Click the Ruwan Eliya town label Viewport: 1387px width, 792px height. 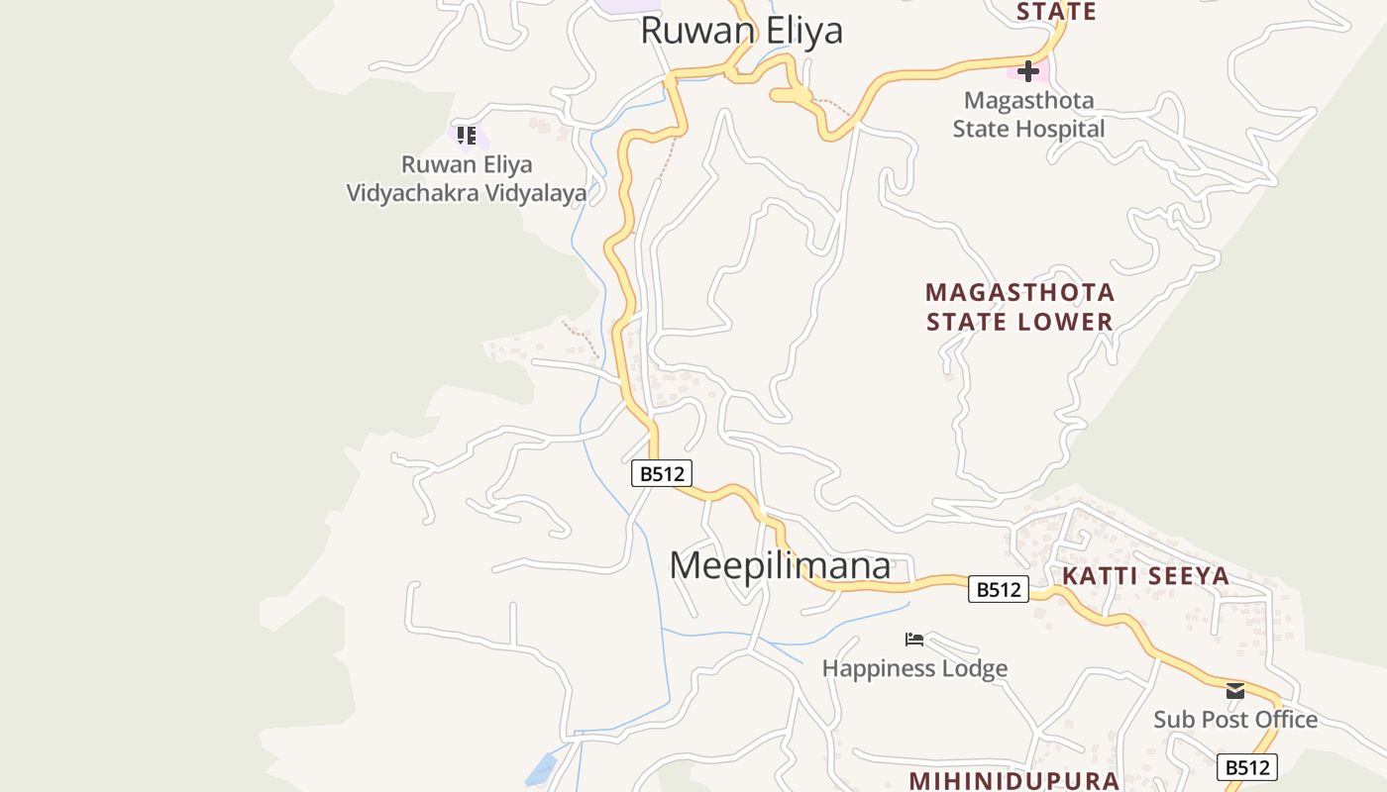coord(741,30)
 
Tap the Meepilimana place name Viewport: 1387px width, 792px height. coord(780,565)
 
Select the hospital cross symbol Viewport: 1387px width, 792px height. coord(1028,71)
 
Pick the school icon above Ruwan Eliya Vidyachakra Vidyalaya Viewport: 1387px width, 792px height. coord(466,136)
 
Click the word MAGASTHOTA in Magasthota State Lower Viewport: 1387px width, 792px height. coord(1019,293)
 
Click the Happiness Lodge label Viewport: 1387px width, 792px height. coord(914,669)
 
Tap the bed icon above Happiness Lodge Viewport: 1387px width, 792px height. coord(914,641)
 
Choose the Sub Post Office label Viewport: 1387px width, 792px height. coord(1234,720)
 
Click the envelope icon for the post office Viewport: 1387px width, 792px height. coord(1234,691)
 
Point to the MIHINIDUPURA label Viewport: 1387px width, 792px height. coord(1014,780)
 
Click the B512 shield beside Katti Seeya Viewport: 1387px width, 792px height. coord(998,590)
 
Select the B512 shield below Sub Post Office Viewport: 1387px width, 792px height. coord(1246,767)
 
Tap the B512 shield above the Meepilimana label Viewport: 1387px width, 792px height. coord(661,473)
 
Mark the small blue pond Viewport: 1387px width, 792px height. coord(540,768)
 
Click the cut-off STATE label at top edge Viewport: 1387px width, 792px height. coord(1056,12)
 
